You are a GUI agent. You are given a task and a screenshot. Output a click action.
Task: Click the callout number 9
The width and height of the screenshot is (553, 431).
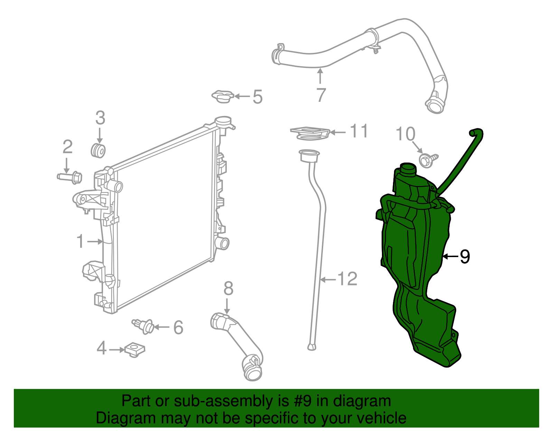coord(465,256)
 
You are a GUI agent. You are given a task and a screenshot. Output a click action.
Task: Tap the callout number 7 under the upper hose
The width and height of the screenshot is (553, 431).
coord(321,95)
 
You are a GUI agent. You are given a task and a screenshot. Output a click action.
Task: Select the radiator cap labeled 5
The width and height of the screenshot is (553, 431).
coord(223,96)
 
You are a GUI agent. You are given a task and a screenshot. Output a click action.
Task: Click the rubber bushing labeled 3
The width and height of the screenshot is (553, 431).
coord(99,151)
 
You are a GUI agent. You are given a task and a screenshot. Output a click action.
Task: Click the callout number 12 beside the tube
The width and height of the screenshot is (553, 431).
coord(347,279)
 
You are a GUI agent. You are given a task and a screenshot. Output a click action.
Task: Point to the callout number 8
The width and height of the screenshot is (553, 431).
coord(228,288)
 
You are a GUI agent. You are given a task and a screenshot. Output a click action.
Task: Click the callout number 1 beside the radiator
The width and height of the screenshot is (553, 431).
coord(80,241)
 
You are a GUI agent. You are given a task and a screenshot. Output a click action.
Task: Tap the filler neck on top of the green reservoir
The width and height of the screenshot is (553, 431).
coord(408,169)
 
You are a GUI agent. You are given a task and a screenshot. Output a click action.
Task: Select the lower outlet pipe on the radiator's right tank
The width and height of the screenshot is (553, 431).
coord(222,243)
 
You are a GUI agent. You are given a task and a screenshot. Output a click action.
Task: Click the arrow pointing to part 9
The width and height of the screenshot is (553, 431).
coord(450,256)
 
